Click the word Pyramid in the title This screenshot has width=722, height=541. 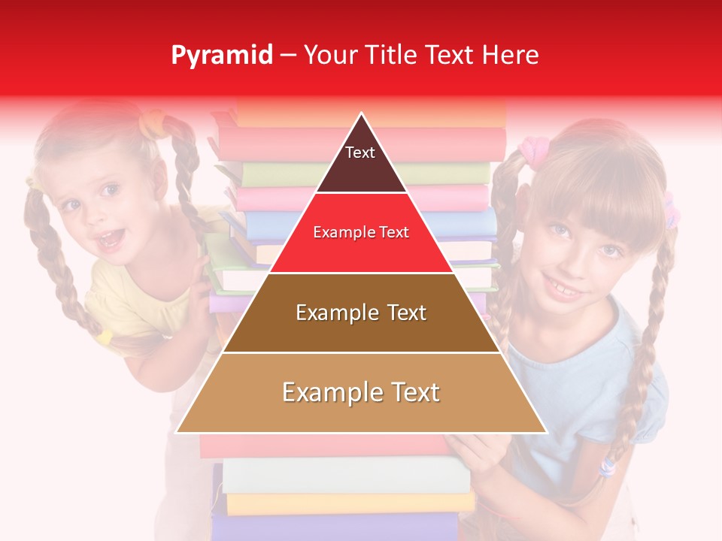click(221, 56)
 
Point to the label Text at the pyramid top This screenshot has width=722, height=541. click(360, 153)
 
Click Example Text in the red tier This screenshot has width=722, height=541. click(361, 233)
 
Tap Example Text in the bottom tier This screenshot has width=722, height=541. click(361, 392)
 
